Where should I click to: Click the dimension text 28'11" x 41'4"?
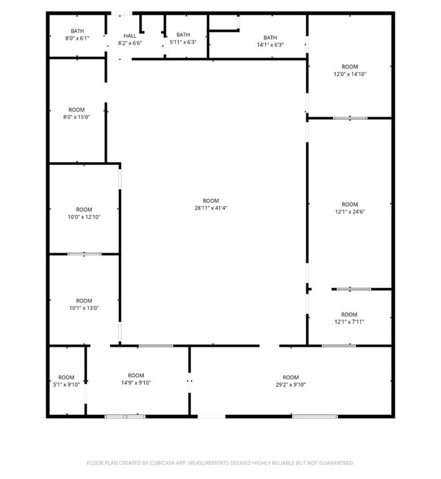(x=211, y=208)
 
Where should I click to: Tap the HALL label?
(x=130, y=36)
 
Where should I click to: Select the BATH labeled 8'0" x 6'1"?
(x=77, y=34)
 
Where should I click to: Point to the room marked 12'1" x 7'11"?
(x=350, y=317)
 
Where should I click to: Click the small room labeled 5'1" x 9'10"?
(x=67, y=381)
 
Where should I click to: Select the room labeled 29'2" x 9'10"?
(x=290, y=381)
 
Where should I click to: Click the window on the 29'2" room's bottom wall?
(x=315, y=417)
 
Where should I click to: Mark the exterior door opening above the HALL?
(x=122, y=14)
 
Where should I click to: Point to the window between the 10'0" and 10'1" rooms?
(x=84, y=254)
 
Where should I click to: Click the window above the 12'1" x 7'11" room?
(x=354, y=289)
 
